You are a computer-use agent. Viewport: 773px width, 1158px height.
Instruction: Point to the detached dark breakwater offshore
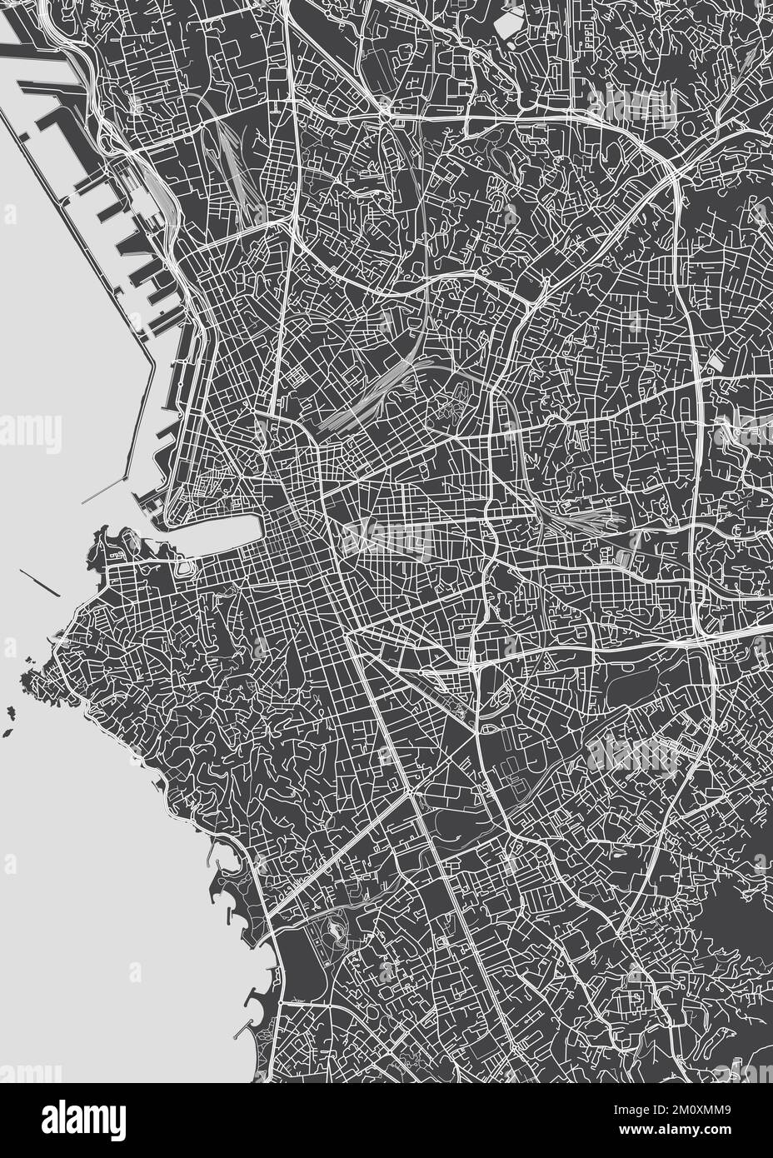point(39,583)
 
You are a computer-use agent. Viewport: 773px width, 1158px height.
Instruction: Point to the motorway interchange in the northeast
point(671,167)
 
